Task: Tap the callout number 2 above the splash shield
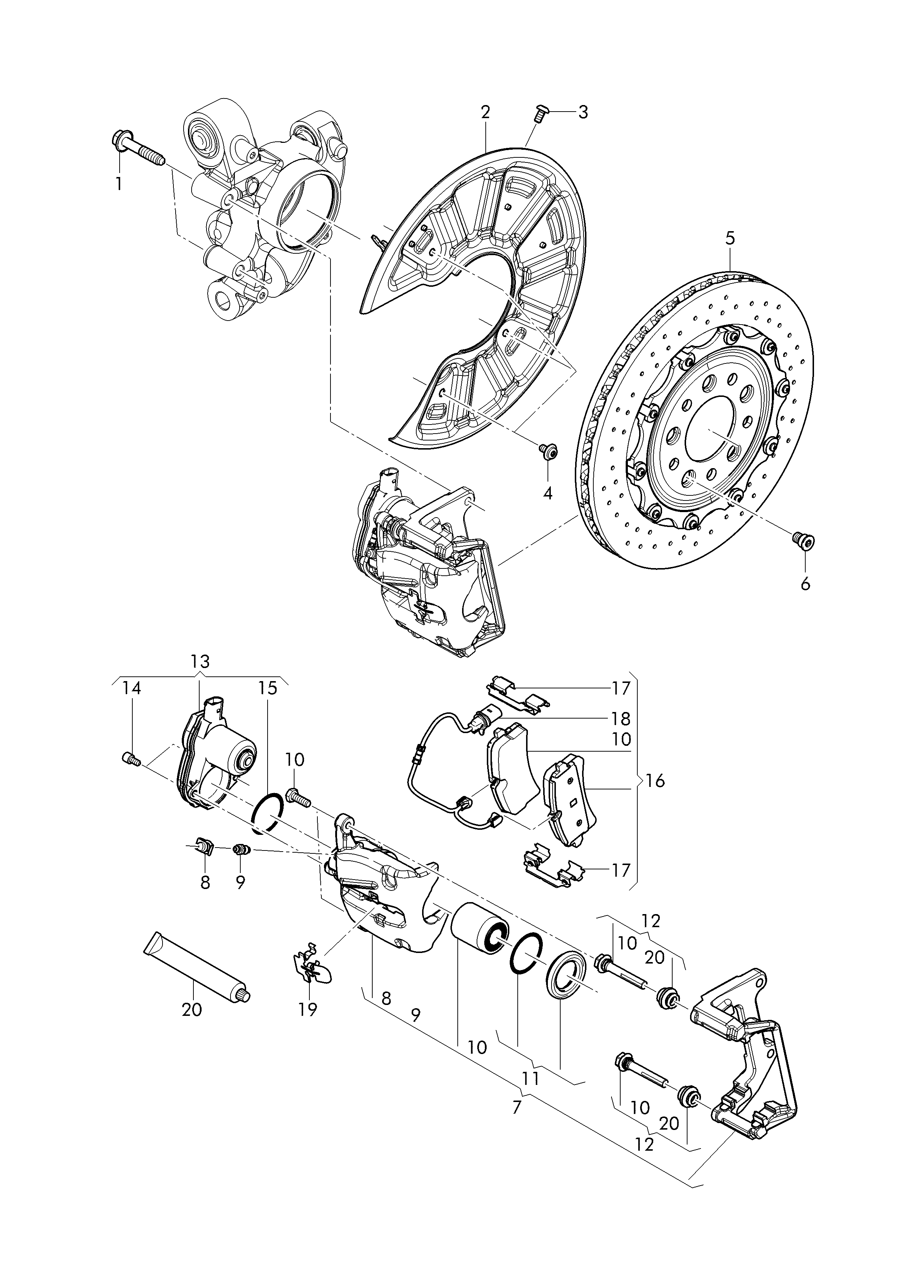coord(485,112)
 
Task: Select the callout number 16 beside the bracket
coord(656,781)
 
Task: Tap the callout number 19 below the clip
coord(308,1009)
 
